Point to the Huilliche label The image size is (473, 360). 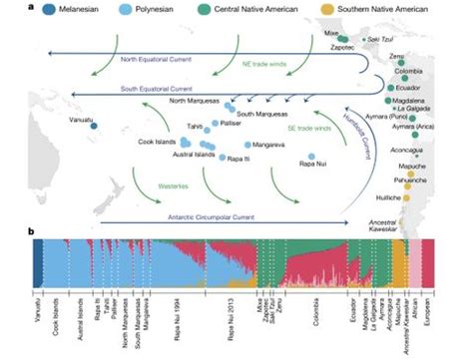[385, 198]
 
